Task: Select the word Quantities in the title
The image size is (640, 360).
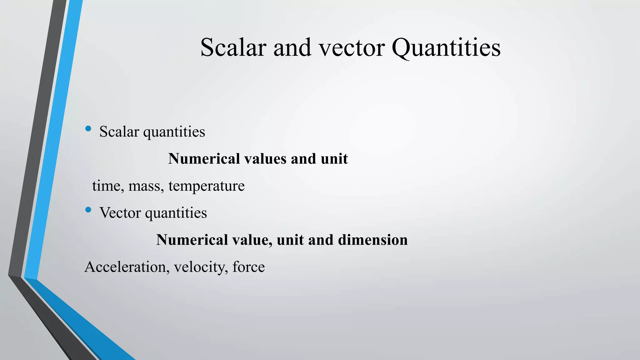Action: tap(446, 47)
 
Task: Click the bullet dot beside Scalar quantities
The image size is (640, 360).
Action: tap(88, 128)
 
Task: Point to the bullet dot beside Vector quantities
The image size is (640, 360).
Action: tap(88, 210)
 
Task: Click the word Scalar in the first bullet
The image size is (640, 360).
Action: tap(119, 132)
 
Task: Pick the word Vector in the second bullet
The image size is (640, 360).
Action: tap(120, 213)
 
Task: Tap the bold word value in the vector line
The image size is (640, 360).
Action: tap(252, 240)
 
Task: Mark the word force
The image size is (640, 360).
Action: tap(249, 267)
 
